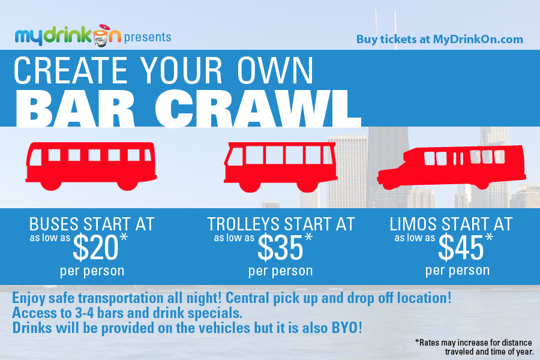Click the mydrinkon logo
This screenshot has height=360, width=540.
click(68, 35)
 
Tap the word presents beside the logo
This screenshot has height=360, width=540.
click(148, 37)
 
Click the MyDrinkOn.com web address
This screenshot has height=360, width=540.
click(478, 39)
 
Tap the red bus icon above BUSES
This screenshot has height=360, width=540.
click(91, 166)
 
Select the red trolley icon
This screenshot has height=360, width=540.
click(280, 167)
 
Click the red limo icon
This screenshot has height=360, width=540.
click(451, 167)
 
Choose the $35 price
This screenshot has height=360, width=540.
click(281, 247)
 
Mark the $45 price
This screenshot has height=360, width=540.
click(461, 247)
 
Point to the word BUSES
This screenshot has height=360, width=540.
click(54, 224)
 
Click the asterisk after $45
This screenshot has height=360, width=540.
click(489, 238)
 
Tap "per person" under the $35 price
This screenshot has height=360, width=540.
click(280, 271)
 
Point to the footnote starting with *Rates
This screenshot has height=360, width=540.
click(474, 347)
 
